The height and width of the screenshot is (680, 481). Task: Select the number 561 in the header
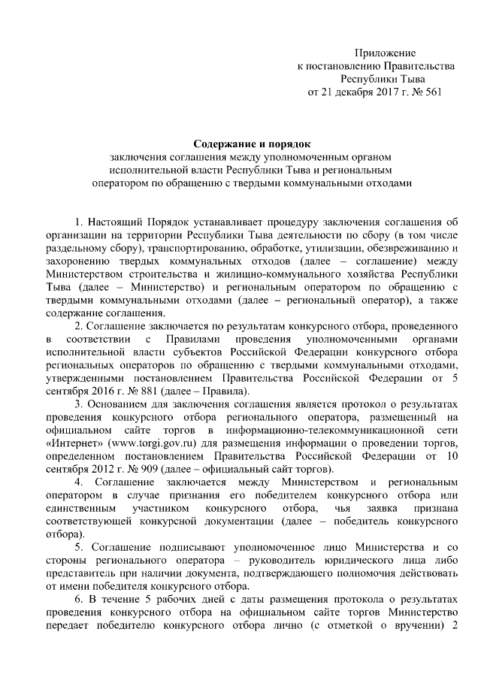point(431,92)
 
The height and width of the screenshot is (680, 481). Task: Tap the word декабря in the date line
point(349,92)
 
